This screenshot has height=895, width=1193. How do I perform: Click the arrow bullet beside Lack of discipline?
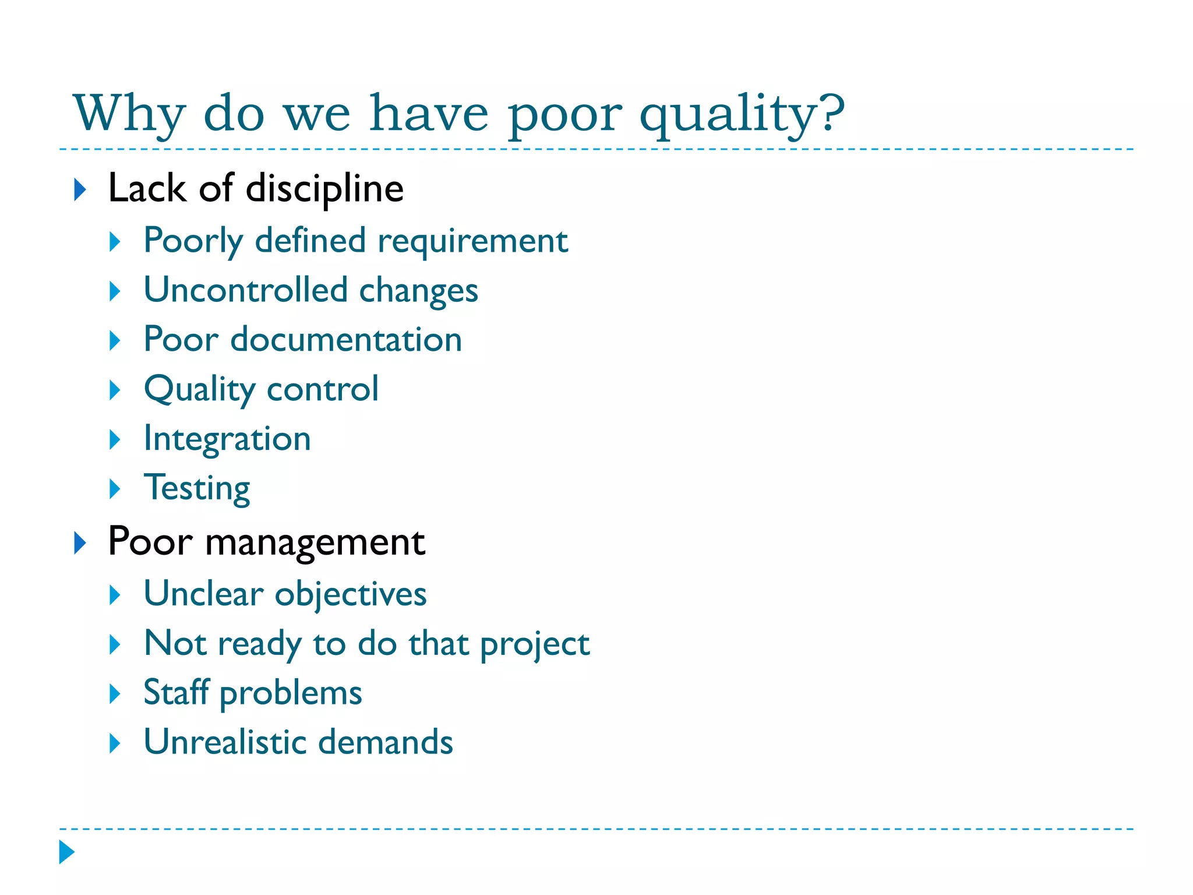point(80,190)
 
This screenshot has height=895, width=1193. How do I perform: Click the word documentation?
point(346,339)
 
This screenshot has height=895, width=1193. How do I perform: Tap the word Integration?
point(227,438)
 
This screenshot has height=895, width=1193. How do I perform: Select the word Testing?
point(197,488)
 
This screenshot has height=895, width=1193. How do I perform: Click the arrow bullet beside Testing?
point(115,489)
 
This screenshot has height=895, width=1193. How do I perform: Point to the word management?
point(315,542)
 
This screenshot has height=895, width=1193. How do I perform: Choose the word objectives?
point(351,594)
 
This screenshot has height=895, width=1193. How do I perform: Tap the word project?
point(535,644)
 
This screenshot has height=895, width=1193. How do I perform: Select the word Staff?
point(176,693)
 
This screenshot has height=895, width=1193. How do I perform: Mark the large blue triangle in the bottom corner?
point(67,852)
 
